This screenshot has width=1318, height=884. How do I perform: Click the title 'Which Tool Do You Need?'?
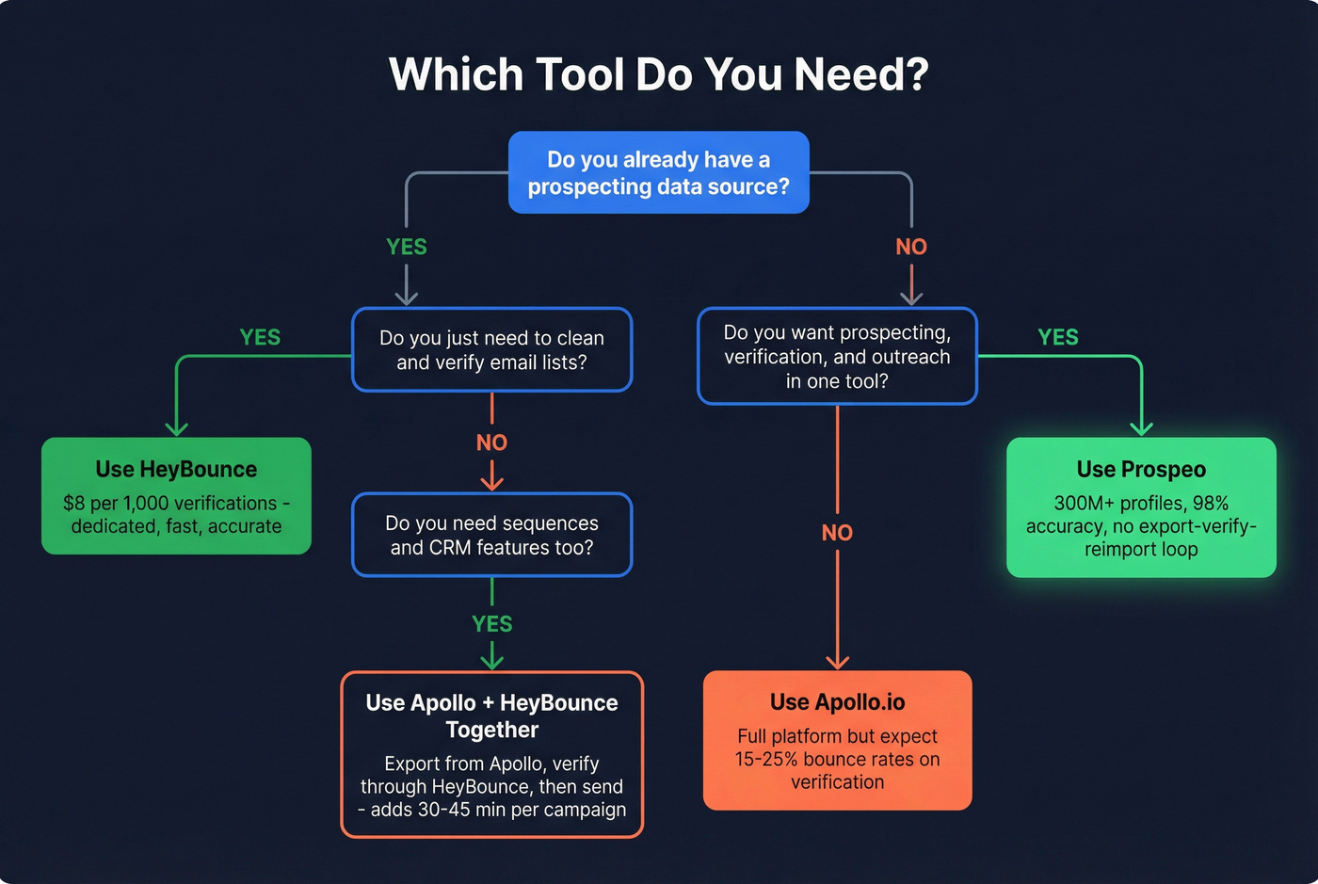point(659,75)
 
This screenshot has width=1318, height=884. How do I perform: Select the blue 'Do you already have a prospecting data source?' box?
point(659,172)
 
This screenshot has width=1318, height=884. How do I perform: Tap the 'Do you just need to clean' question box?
point(491,350)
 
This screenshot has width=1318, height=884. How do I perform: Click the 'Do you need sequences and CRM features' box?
point(491,535)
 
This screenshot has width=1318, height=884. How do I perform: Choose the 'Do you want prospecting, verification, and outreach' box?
point(837,357)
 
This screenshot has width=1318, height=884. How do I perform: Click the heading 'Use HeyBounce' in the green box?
point(176,469)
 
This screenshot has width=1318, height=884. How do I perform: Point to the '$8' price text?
point(73,503)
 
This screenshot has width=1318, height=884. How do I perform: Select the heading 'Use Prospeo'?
point(1141,469)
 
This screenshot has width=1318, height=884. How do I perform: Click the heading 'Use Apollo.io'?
point(837,702)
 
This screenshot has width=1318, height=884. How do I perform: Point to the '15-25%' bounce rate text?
point(764,759)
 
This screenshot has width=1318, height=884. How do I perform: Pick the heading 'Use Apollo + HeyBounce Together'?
point(491,715)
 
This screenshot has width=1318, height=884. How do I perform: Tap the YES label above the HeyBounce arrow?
point(260,337)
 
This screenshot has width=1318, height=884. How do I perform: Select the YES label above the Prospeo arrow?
point(1058,337)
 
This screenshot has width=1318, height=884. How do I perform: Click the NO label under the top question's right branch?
point(911,247)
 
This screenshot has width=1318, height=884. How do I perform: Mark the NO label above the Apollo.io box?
point(837,533)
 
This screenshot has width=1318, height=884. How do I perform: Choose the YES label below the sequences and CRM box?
point(491,624)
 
